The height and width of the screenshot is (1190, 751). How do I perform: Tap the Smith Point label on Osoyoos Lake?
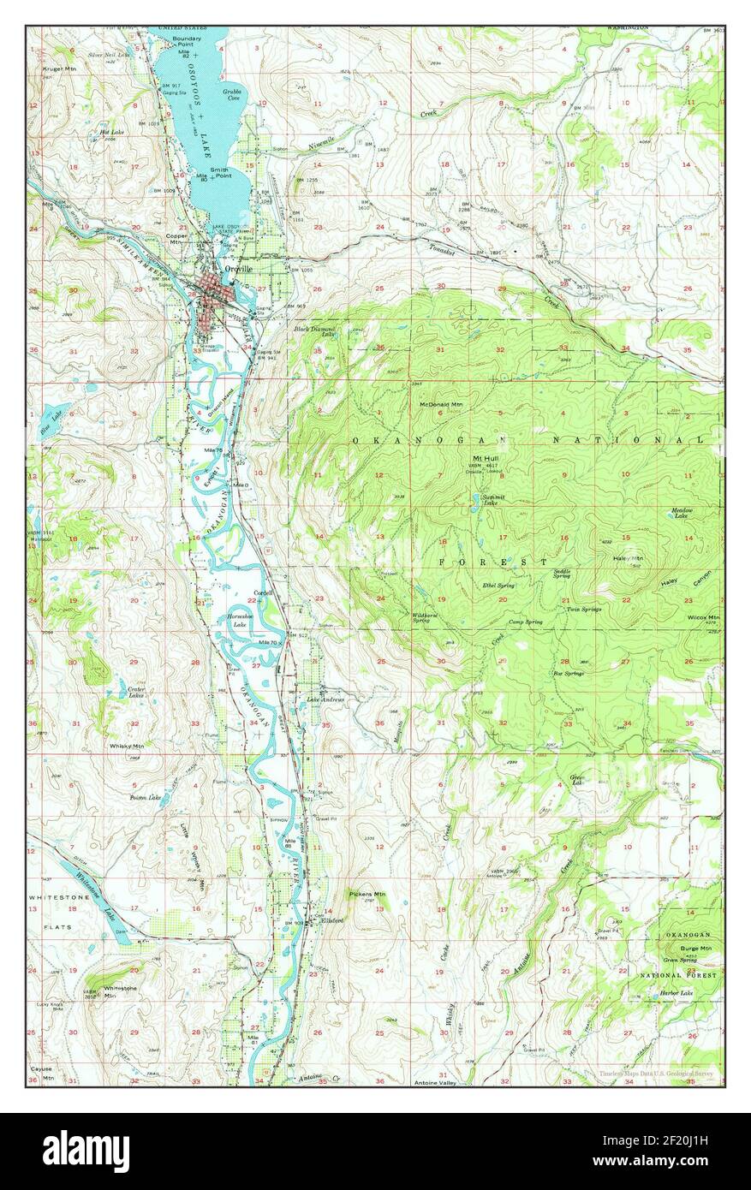(220, 173)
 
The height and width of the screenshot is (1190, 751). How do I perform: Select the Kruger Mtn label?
(51, 66)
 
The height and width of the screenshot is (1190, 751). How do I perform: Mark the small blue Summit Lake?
(474, 499)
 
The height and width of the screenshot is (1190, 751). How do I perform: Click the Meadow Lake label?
(681, 513)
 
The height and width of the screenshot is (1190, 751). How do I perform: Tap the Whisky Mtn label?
(126, 746)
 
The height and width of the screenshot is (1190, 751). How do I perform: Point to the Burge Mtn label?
(688, 949)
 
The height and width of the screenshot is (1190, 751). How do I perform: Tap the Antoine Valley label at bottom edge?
(437, 1083)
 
